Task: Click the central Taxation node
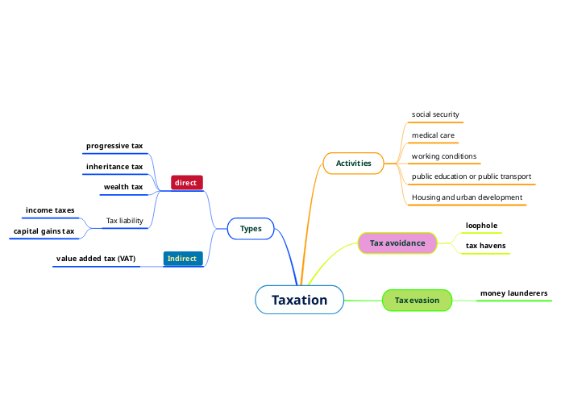299,300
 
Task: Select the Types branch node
251,229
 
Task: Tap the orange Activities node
353,163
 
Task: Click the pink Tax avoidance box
397,243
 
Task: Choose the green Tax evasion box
417,301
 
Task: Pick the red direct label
185,183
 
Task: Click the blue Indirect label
181,259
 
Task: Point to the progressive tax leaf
114,146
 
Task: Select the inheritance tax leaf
114,167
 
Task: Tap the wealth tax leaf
123,187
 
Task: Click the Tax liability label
124,221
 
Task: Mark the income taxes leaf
50,210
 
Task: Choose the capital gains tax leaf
44,231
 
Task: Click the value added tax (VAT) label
96,259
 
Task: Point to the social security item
435,114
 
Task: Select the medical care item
433,135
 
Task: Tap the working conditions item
444,156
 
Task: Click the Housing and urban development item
467,197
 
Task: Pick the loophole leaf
481,226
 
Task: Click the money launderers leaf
513,293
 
